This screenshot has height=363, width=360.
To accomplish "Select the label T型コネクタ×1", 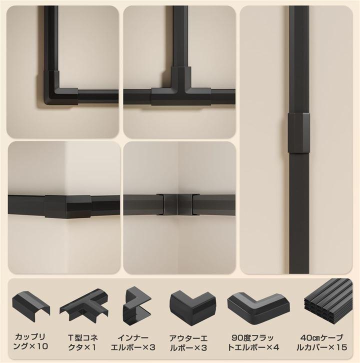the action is (x=82, y=342).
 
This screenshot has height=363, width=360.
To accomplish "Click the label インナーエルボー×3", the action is (x=133, y=342).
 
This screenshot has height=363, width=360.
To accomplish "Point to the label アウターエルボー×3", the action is (x=188, y=343).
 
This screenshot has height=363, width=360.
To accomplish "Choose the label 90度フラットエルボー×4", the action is (x=253, y=342).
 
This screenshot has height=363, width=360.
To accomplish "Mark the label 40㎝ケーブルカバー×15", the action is (x=322, y=342).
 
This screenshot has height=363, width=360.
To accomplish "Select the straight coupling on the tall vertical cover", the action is (x=299, y=133).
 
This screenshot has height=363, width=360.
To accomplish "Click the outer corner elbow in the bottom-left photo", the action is (x=67, y=206).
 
